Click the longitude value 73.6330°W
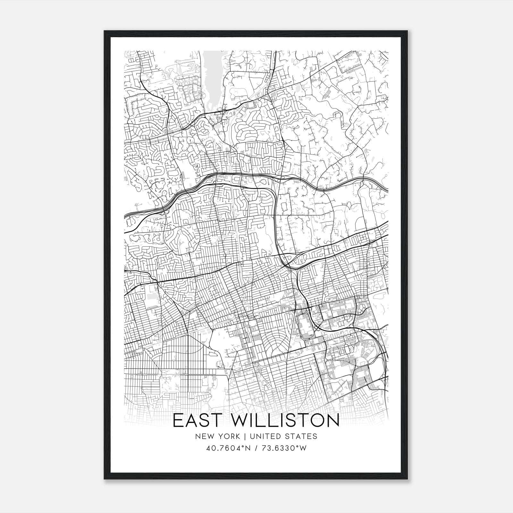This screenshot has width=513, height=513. coord(283,448)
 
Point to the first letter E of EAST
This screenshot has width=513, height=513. coord(177,421)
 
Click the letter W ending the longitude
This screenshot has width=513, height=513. coord(303,448)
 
